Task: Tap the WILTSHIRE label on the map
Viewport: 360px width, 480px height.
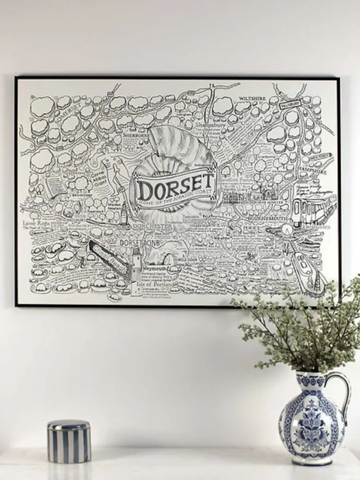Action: pos(251,99)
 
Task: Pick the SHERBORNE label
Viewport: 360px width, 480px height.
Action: pos(135,134)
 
